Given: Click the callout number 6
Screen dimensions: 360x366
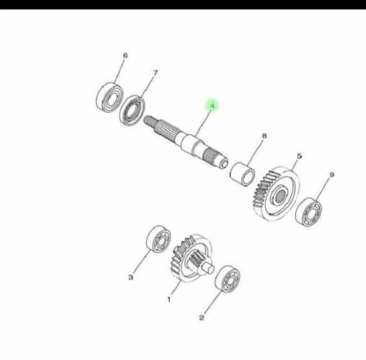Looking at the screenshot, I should (125, 55).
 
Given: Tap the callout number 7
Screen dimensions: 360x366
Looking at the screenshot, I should (154, 73).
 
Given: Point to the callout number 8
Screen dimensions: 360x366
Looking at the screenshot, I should (264, 136).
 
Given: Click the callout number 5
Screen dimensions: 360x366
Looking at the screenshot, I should (299, 155).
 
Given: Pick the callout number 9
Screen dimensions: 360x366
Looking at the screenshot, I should (332, 175).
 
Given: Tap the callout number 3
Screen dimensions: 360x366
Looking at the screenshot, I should (131, 278).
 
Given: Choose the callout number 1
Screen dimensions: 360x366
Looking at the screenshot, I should (169, 299).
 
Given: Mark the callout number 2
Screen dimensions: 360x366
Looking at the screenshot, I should (201, 318).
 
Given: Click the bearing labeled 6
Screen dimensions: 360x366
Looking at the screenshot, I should (108, 97).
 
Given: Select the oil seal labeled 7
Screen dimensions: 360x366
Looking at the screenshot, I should (133, 110).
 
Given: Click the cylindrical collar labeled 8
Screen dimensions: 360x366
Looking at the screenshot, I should (242, 173).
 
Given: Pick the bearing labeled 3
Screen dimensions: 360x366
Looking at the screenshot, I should (157, 239).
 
